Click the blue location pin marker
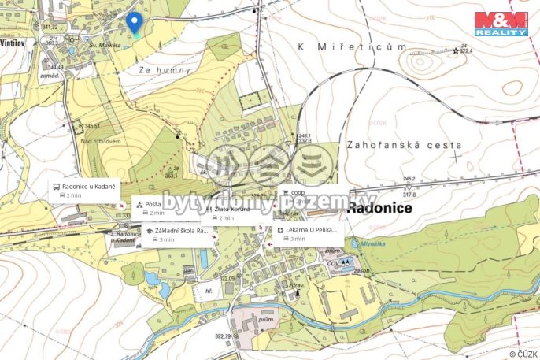click(x=135, y=24)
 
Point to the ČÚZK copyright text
click(x=523, y=352)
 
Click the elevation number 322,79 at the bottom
click(x=224, y=336)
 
